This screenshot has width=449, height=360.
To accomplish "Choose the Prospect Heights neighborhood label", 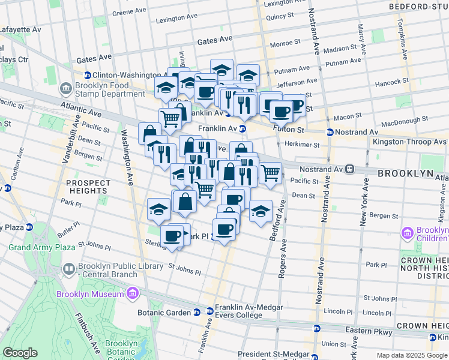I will coord(88,187).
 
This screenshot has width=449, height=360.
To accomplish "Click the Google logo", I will coord(20,353).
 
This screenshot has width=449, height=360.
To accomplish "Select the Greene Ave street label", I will coord(130,11).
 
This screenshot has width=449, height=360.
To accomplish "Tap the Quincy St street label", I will coord(279,17).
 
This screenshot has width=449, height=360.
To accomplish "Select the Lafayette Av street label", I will coord(20,29).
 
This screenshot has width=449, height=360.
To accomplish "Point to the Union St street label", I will coord(333,343).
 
